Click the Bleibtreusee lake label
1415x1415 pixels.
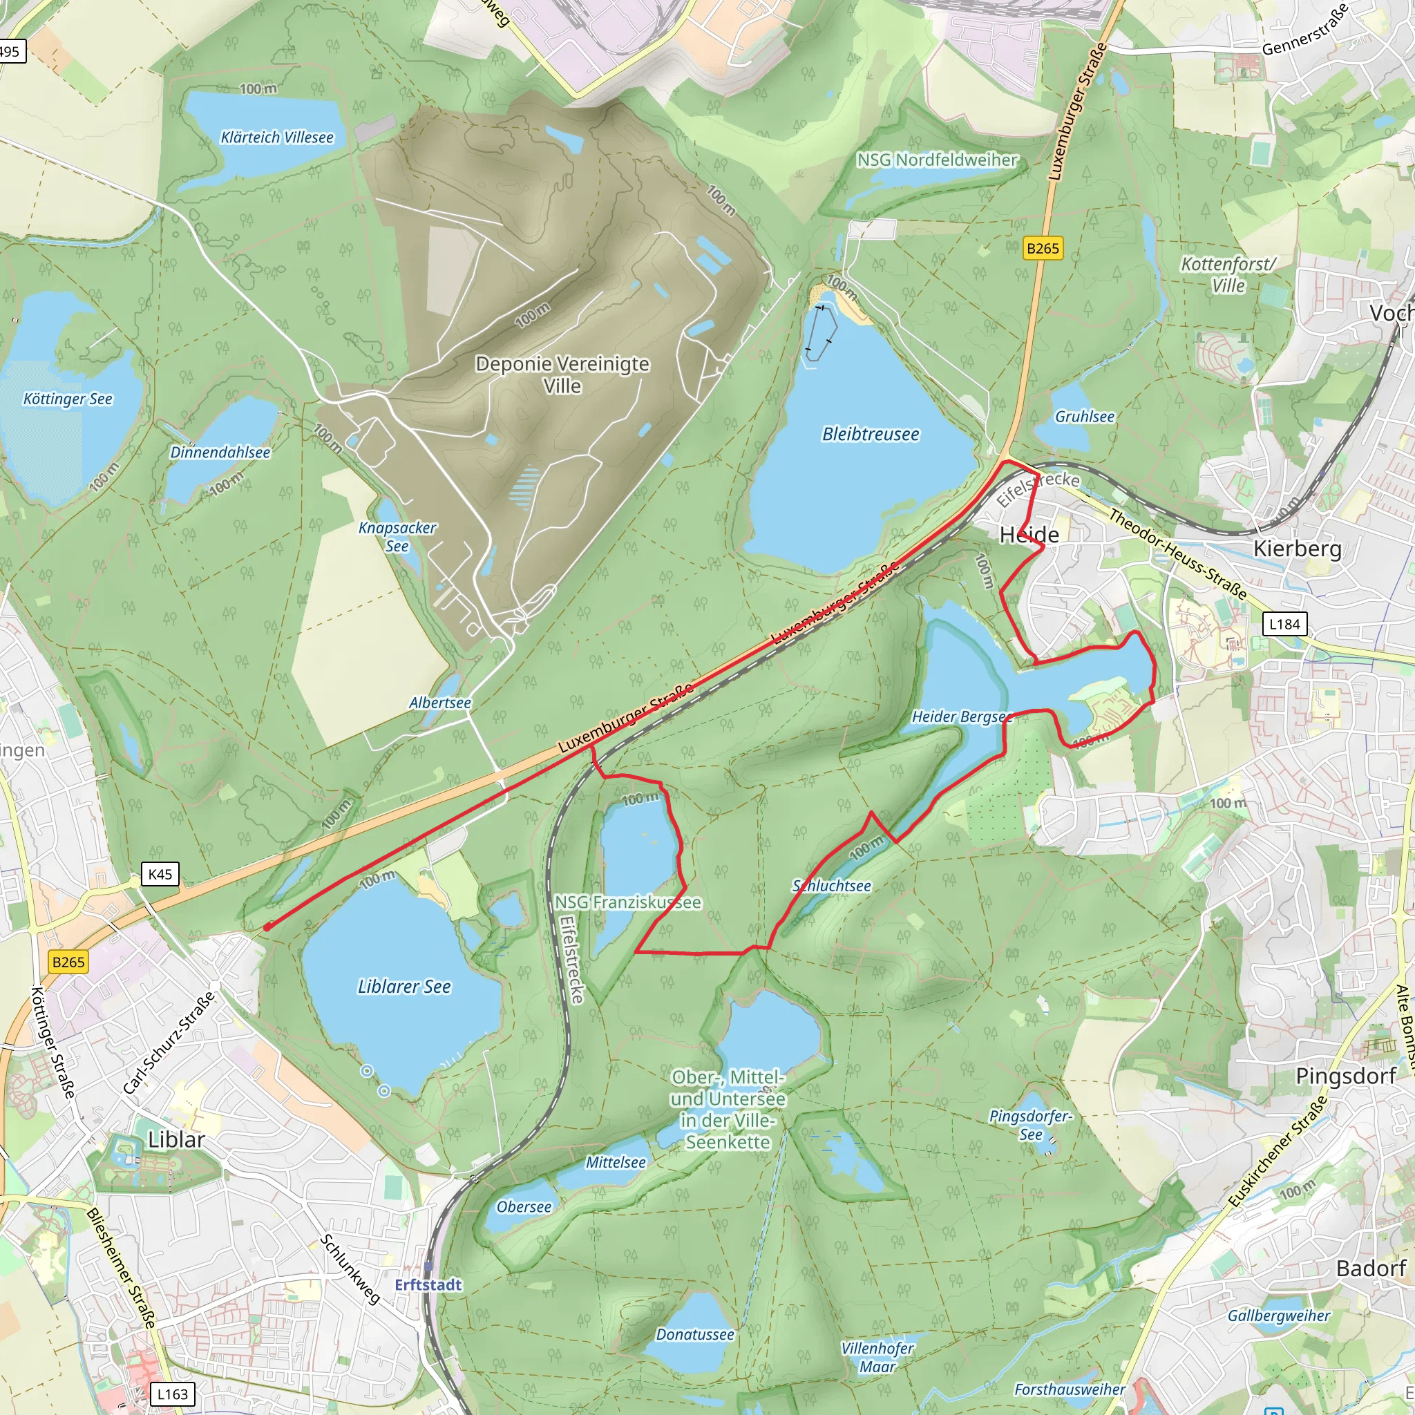tap(870, 435)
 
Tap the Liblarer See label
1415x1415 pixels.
tap(404, 987)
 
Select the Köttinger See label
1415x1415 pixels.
tap(68, 399)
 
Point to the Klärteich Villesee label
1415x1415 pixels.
tap(277, 137)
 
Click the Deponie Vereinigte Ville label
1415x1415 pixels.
tap(562, 374)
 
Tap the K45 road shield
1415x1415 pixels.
tap(160, 874)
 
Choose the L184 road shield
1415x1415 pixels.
tap(1284, 624)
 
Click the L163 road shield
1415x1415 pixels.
tap(173, 1394)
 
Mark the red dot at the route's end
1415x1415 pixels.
tap(268, 927)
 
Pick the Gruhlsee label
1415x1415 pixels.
tap(1084, 417)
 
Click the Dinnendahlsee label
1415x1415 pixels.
tap(220, 453)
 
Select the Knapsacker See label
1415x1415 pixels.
tap(397, 536)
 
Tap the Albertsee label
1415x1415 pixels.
tap(439, 703)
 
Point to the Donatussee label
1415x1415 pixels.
tap(695, 1334)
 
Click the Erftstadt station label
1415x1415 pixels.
tap(428, 1284)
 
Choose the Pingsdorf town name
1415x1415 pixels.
tap(1346, 1076)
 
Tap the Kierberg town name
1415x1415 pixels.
tap(1298, 549)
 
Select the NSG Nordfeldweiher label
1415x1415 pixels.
tap(938, 160)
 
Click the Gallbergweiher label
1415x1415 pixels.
tap(1279, 1316)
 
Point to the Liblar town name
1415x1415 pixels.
tap(176, 1139)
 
